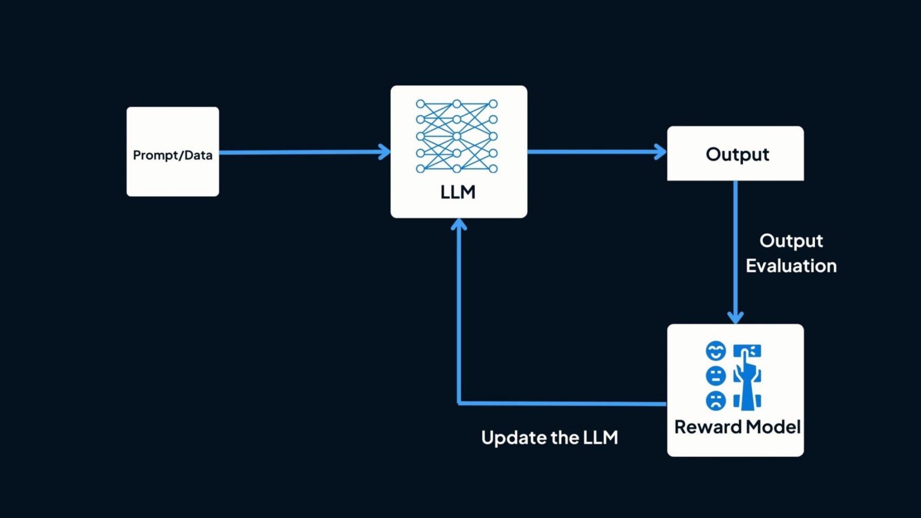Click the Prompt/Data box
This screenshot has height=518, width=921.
coord(173,152)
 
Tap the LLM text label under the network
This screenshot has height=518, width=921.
coord(458,192)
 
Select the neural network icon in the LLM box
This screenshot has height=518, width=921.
coord(457,136)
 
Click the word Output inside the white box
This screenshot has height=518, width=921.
coord(737,154)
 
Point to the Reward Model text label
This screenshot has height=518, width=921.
coord(737,427)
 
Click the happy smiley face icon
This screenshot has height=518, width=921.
coord(715,351)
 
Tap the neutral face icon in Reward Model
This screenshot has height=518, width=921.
coord(715,376)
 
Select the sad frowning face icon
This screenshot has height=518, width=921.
coord(715,400)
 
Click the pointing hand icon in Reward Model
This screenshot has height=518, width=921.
coord(747,378)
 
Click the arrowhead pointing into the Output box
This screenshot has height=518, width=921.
coord(661,152)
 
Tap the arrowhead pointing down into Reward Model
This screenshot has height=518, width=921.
coord(736,317)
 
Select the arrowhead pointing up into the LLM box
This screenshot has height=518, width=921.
coord(459,225)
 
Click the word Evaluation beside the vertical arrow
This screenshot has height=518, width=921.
coord(791,266)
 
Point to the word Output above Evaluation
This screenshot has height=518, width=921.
coord(791,240)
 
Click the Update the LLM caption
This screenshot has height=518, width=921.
coord(549,438)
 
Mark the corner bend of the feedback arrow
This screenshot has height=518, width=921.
coord(459,403)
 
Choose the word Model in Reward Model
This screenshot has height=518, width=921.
coord(771,427)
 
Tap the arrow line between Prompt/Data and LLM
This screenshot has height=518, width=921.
coord(300,152)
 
